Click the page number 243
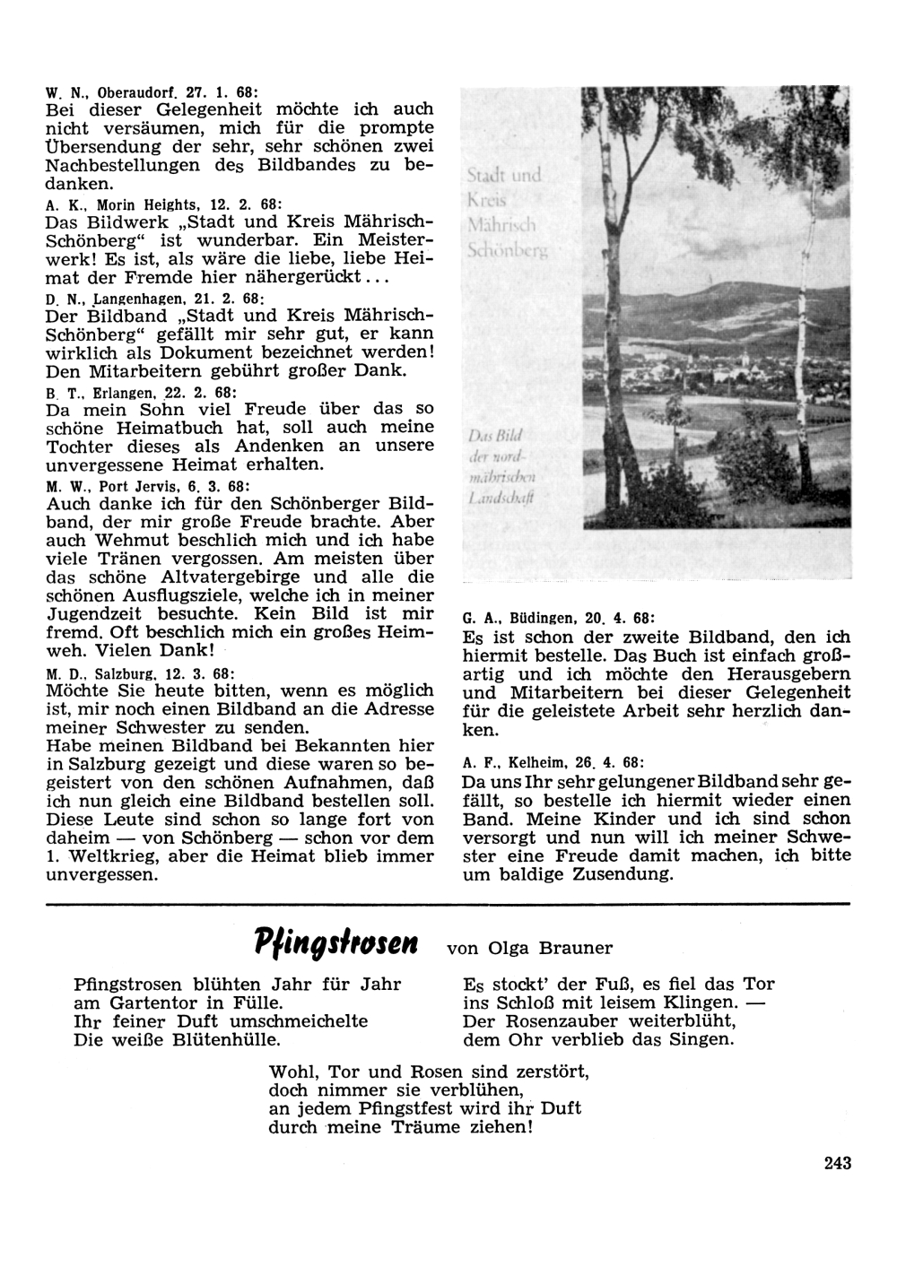(836, 1164)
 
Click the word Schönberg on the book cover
(508, 250)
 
